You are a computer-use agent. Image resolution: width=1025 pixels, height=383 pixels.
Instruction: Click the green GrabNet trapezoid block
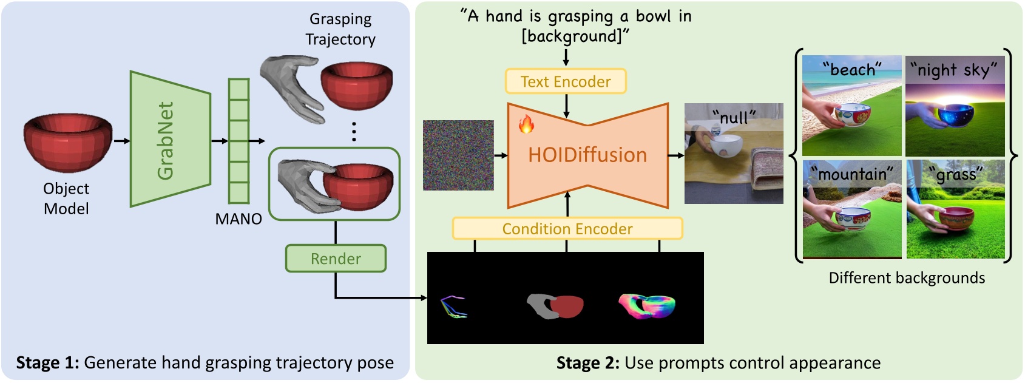pyautogui.click(x=170, y=140)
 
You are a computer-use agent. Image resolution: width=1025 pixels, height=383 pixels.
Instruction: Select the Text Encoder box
pyautogui.click(x=566, y=81)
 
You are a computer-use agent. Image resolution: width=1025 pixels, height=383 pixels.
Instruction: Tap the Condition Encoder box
pyautogui.click(x=567, y=229)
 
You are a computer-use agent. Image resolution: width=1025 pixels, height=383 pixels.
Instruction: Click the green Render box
pyautogui.click(x=336, y=259)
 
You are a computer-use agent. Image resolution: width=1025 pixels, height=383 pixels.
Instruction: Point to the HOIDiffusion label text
pyautogui.click(x=587, y=155)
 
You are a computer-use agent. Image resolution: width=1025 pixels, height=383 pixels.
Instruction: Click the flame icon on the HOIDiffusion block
pyautogui.click(x=526, y=124)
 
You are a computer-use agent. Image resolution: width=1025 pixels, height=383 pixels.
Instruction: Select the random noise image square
pyautogui.click(x=458, y=155)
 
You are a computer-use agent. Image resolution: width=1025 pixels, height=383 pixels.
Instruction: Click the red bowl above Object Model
pyautogui.click(x=68, y=143)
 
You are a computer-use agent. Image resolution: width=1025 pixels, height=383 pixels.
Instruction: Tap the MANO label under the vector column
pyautogui.click(x=238, y=219)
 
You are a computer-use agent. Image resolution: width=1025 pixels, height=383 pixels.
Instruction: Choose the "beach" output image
pyautogui.click(x=851, y=106)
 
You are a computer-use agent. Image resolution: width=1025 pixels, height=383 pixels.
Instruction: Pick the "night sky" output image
pyautogui.click(x=955, y=106)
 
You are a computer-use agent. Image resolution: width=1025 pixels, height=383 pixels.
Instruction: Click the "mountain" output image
pyautogui.click(x=851, y=209)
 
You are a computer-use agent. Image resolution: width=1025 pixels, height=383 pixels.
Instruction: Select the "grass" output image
pyautogui.click(x=955, y=209)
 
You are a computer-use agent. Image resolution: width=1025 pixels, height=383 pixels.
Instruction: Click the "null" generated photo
pyautogui.click(x=734, y=154)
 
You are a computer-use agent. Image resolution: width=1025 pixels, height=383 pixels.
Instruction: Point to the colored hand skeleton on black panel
pyautogui.click(x=453, y=307)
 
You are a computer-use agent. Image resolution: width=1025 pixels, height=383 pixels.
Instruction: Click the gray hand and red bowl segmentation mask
pyautogui.click(x=555, y=307)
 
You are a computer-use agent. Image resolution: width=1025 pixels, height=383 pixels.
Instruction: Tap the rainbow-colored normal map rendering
pyautogui.click(x=647, y=306)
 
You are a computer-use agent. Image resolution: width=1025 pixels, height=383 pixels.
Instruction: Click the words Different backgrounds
pyautogui.click(x=907, y=278)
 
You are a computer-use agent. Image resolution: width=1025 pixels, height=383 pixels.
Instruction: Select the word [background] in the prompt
pyautogui.click(x=575, y=36)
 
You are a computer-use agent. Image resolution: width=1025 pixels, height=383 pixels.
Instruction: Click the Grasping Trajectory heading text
pyautogui.click(x=340, y=29)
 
